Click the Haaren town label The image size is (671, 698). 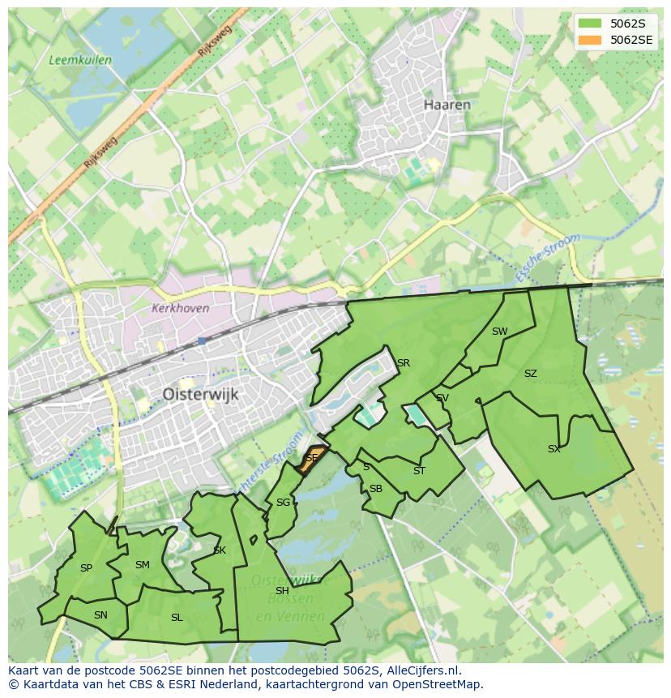coord(447,105)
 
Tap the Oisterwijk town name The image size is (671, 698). coord(199,393)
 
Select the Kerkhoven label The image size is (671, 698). coord(180,309)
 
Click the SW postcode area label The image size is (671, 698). coord(499,331)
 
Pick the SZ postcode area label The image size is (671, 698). coord(530,374)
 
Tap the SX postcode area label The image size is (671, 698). coord(553,448)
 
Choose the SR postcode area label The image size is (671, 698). coord(403,362)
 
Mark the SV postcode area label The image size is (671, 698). coord(442,398)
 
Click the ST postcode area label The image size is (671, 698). coord(419,471)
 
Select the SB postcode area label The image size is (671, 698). coord(375,489)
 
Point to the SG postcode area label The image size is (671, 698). coord(283,503)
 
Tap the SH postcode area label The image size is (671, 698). coord(282,591)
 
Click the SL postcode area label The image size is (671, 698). coord(177,618)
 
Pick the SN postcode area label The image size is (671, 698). coord(100,615)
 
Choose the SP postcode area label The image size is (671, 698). coord(86,568)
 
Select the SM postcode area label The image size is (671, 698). coord(142,565)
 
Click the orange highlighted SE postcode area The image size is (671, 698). coord(312,458)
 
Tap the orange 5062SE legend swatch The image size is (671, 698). coord(590,40)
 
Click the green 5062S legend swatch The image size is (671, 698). coord(590,24)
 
